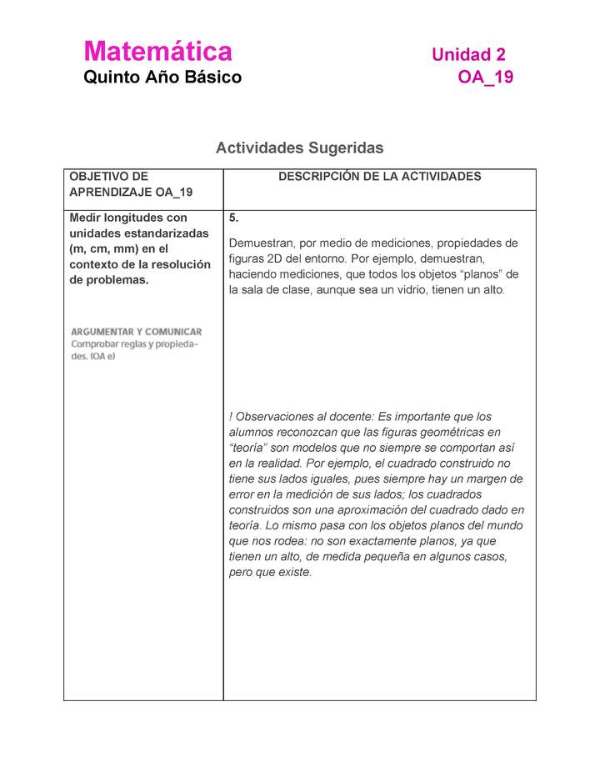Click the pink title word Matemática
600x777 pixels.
pyautogui.click(x=157, y=52)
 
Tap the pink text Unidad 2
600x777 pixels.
pyautogui.click(x=467, y=55)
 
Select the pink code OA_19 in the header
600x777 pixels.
pyautogui.click(x=485, y=78)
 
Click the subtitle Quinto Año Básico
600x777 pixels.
pyautogui.click(x=162, y=78)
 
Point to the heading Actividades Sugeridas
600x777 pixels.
pyautogui.click(x=299, y=148)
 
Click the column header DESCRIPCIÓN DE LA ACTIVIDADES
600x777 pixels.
pyautogui.click(x=379, y=177)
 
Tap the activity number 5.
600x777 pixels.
pyautogui.click(x=234, y=218)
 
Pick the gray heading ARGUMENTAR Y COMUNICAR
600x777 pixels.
pyautogui.click(x=136, y=331)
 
